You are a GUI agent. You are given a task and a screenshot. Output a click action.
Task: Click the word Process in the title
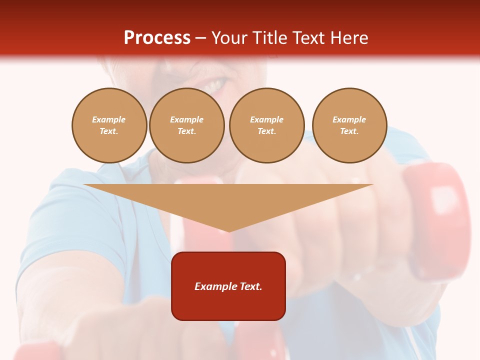[x=157, y=38]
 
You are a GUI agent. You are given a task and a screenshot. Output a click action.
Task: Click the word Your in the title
[x=229, y=38]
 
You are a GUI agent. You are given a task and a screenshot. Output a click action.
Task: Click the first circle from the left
[x=109, y=125]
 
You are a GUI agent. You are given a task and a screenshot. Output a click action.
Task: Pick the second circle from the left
[x=186, y=125]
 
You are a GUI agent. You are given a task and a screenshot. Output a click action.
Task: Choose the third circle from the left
[x=266, y=125]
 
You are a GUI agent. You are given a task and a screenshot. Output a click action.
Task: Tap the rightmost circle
[x=349, y=125]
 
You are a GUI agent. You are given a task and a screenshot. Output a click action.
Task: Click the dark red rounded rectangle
[x=228, y=305]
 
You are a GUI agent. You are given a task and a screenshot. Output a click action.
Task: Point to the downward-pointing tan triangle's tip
[x=229, y=230]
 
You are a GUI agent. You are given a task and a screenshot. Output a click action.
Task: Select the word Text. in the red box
[x=250, y=286]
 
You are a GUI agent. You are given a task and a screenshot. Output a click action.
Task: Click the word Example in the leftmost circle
[x=109, y=119]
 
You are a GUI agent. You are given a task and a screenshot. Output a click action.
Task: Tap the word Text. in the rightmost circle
[x=349, y=131]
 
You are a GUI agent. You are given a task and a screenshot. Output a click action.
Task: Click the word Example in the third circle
[x=266, y=119]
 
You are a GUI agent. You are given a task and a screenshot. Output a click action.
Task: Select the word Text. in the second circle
[x=186, y=131]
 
